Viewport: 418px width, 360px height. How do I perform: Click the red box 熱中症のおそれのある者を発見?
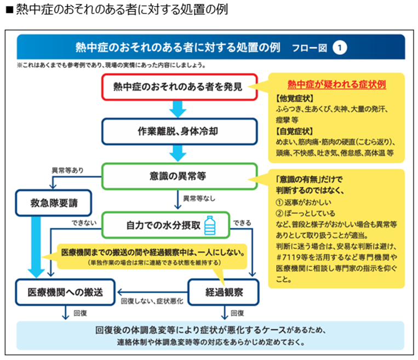point(179,86)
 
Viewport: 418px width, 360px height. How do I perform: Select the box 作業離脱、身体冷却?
point(179,132)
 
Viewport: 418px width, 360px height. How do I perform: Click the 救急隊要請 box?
point(54,203)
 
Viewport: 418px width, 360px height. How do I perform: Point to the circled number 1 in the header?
point(340,47)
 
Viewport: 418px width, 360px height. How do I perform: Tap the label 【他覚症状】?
point(291,99)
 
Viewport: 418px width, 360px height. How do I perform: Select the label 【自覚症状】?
point(291,131)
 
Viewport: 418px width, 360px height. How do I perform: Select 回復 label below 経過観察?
point(237,313)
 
